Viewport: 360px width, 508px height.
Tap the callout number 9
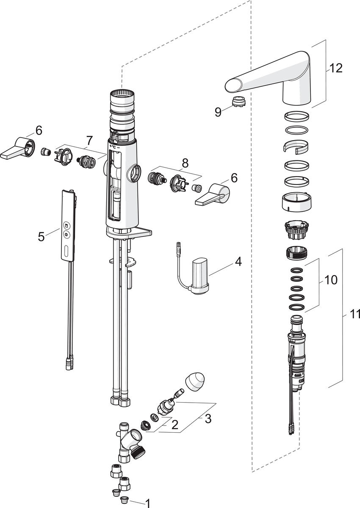coord(218,112)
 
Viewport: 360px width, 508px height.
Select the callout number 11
coord(354,314)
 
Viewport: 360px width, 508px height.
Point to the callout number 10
coord(331,280)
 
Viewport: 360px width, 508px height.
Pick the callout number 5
coord(41,236)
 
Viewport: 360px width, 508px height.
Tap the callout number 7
coord(89,141)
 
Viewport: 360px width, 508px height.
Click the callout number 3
coord(208,419)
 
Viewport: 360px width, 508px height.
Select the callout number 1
coord(148,503)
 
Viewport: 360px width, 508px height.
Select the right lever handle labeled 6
coord(214,194)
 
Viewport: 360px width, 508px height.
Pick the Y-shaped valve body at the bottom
coord(129,442)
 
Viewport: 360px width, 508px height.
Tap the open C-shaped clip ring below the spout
coord(296,146)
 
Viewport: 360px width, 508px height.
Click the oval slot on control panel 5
coord(66,253)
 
